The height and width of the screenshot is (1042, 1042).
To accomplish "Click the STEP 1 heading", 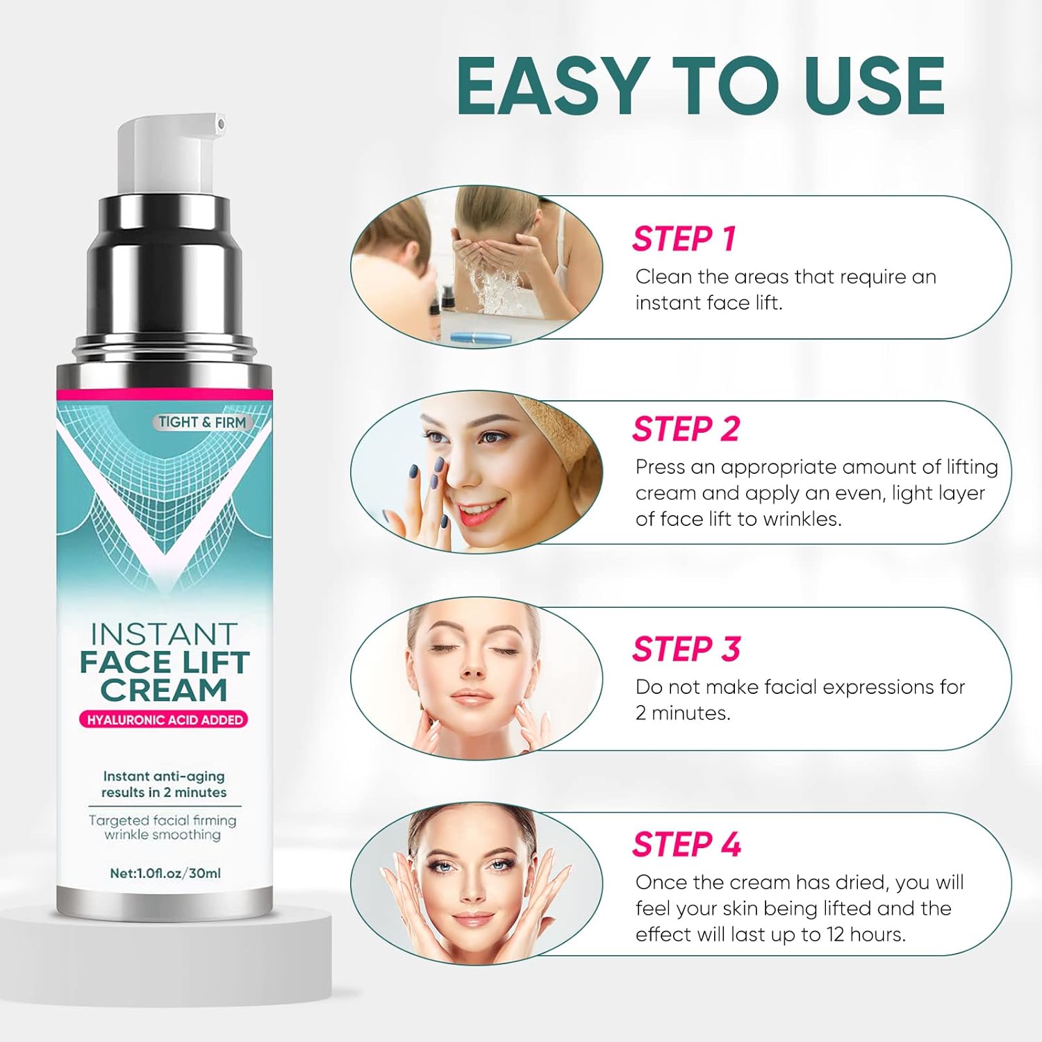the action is point(684,239).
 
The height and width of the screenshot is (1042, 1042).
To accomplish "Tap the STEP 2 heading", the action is point(686,429).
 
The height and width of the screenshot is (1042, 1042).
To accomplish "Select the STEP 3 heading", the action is point(686,649).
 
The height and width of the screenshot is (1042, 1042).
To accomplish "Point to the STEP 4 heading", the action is point(686,845).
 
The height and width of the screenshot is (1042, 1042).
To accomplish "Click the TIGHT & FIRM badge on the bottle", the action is point(202,422).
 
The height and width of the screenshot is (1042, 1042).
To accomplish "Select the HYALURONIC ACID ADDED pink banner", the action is point(164,720).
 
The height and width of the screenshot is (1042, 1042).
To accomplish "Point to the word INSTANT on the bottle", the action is point(164,634).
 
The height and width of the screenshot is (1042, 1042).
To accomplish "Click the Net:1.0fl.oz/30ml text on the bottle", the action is point(165,873).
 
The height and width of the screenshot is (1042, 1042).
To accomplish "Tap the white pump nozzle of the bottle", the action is point(170,153).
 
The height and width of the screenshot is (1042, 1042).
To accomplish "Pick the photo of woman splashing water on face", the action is point(477,267).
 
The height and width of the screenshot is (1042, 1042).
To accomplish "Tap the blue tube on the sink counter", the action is point(480,338).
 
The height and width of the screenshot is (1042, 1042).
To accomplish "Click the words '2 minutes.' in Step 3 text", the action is point(683,713).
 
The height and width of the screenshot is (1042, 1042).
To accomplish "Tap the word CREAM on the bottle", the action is point(164,690).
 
